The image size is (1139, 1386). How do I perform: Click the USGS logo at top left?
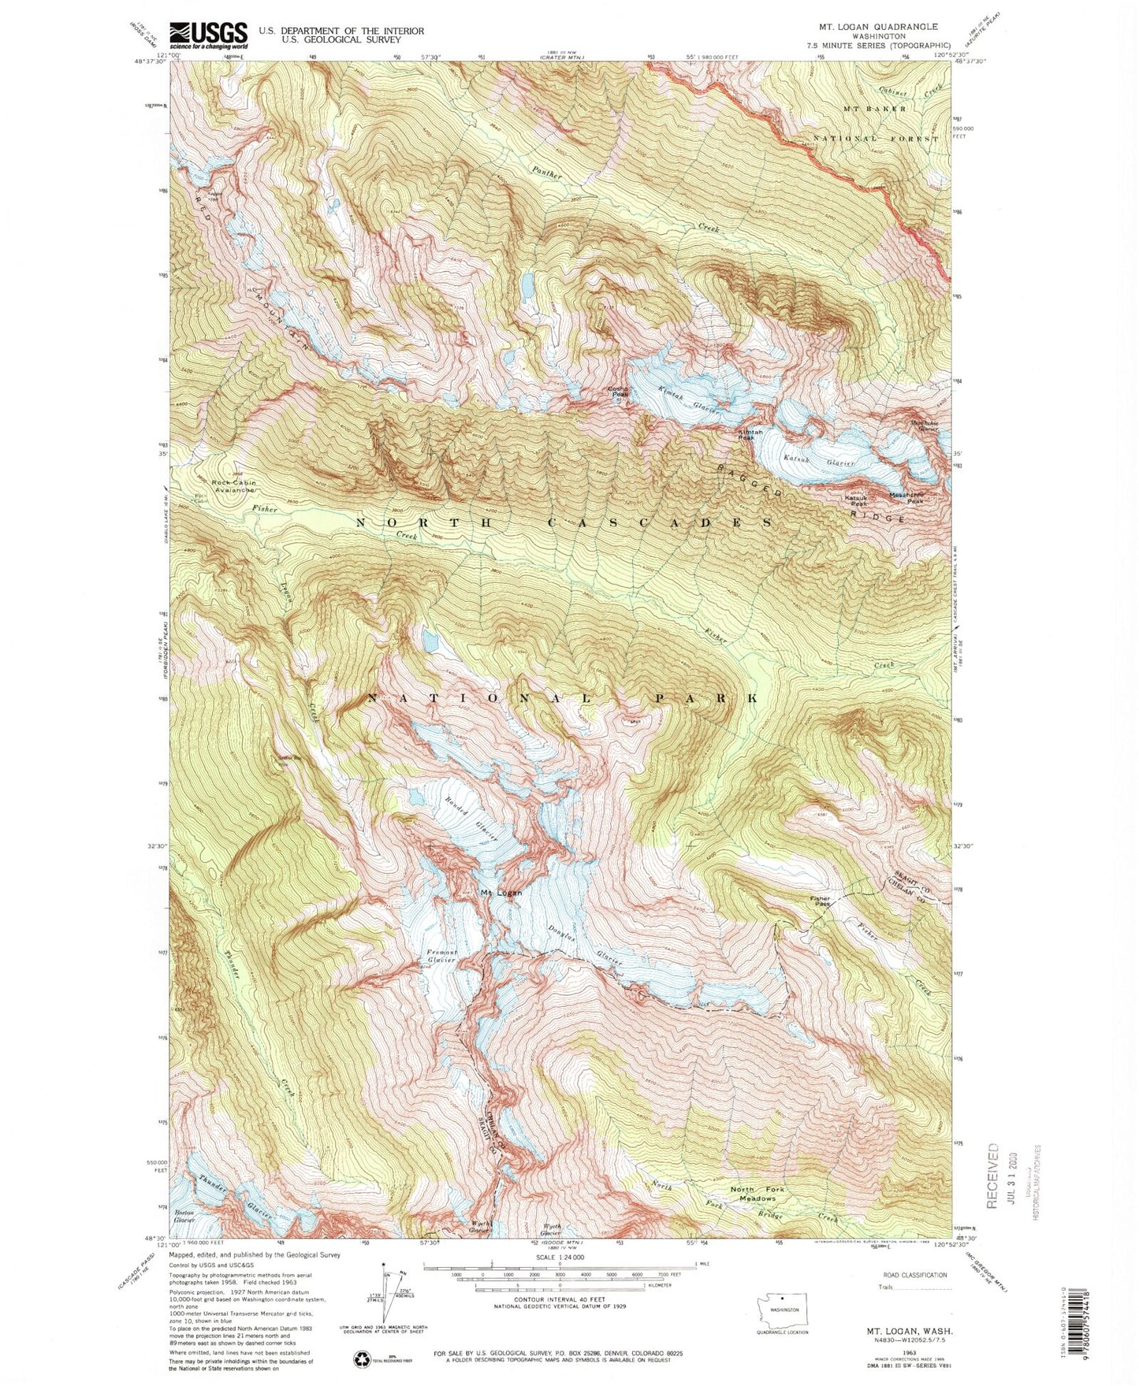[x=207, y=32]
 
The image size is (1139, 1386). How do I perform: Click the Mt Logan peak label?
[x=501, y=893]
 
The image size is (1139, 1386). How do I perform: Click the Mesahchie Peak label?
[x=906, y=498]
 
